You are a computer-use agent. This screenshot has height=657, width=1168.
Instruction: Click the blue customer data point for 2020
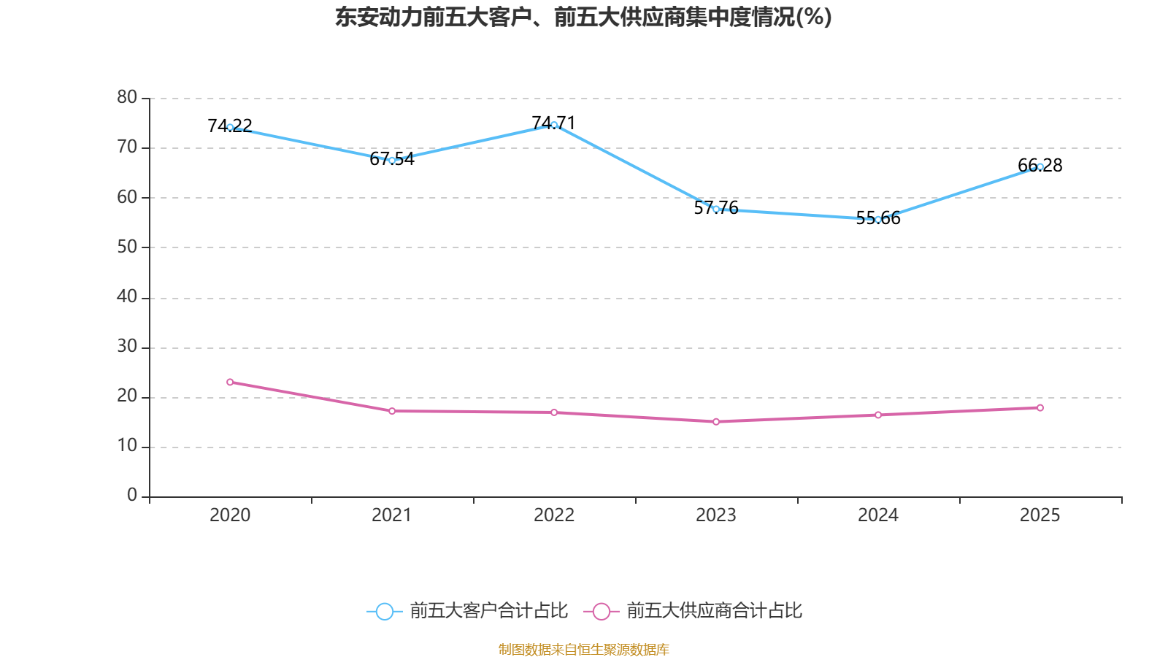[x=230, y=127]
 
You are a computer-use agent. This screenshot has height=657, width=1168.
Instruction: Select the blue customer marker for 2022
[x=554, y=125]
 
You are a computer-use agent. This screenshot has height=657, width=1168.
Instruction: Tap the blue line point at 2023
[x=716, y=209]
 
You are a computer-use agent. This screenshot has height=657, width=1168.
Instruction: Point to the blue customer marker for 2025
[x=1040, y=166]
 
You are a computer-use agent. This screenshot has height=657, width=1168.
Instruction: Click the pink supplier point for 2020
[x=230, y=382]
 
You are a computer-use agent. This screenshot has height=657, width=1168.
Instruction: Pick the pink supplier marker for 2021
[x=392, y=411]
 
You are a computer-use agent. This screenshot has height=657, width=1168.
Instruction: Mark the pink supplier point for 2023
[x=716, y=421]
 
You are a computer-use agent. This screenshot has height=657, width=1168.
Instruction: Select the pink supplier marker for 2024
[x=878, y=415]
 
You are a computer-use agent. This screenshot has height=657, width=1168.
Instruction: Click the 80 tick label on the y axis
[x=127, y=97]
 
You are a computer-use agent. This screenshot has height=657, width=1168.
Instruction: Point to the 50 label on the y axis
[x=127, y=247]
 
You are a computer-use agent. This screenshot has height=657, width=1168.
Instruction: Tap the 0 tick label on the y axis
[x=132, y=495]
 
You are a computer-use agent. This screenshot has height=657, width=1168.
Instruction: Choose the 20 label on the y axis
[x=127, y=396]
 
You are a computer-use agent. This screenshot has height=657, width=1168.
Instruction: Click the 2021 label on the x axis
[x=392, y=515]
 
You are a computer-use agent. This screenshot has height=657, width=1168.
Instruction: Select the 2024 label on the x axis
[x=878, y=515]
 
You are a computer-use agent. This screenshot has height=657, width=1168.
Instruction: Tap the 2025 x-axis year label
[x=1040, y=515]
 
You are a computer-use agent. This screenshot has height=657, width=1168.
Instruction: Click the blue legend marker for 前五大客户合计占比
[x=384, y=611]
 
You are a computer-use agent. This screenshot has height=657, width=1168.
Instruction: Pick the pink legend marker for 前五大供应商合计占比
[x=601, y=611]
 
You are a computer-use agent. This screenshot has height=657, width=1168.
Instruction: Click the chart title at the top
[x=583, y=17]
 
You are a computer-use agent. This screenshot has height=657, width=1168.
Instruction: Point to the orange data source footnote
[x=583, y=649]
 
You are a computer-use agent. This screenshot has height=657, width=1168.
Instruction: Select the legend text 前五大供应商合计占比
[x=714, y=611]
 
